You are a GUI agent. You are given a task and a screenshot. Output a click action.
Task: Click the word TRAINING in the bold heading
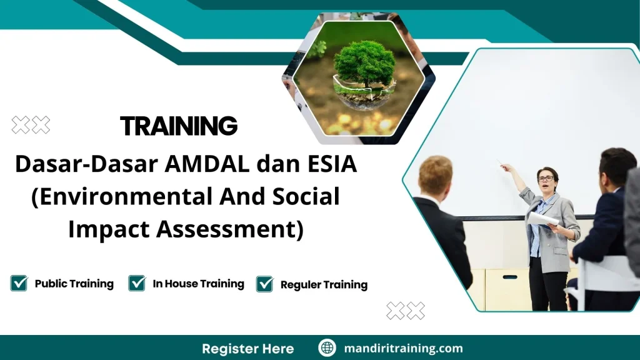[179, 126]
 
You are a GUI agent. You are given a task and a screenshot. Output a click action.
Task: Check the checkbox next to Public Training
[19, 283]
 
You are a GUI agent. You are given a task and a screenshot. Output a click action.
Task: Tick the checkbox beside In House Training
[137, 283]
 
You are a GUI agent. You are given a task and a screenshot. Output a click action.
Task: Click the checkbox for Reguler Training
[265, 284]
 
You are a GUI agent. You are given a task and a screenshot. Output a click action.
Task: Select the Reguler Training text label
[324, 284]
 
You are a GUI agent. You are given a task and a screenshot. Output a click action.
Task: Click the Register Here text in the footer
[247, 348]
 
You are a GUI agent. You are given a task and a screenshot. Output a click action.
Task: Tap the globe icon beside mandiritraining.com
[327, 348]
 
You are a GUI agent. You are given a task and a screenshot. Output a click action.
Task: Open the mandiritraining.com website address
[403, 348]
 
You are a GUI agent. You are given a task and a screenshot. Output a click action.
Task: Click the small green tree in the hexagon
[364, 65]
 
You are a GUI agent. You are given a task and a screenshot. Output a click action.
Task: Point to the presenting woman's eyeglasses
[546, 179]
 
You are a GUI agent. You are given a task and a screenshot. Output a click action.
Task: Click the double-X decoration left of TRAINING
[31, 125]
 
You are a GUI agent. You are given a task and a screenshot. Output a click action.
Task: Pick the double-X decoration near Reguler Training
[406, 310]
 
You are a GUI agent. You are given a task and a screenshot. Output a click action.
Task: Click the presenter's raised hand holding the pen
[505, 167]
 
